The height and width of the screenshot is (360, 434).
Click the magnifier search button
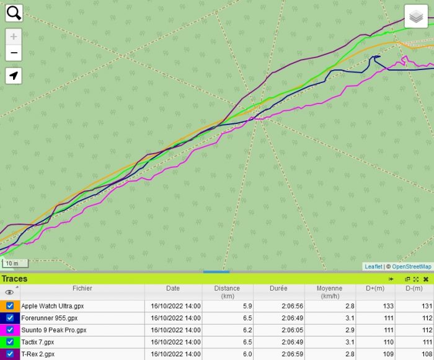pos(14,13)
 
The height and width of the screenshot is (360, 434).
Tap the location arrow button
pos(14,76)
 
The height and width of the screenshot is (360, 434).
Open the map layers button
pos(417,17)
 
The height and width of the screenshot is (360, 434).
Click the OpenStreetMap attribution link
pos(412,266)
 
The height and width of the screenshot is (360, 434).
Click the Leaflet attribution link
pos(373,266)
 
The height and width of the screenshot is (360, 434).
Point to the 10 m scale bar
pos(14,263)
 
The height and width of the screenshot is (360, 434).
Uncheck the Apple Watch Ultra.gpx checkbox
pos(10,305)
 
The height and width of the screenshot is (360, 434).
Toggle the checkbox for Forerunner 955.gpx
pos(10,318)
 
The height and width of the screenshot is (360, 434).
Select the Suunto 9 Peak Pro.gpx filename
pos(53,330)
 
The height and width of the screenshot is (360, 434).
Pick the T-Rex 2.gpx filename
pos(38,354)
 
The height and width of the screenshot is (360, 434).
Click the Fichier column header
pos(82,288)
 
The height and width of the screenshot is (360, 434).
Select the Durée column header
pos(278,288)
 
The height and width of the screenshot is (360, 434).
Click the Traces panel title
pos(14,279)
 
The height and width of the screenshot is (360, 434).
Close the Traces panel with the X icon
pos(426,279)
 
